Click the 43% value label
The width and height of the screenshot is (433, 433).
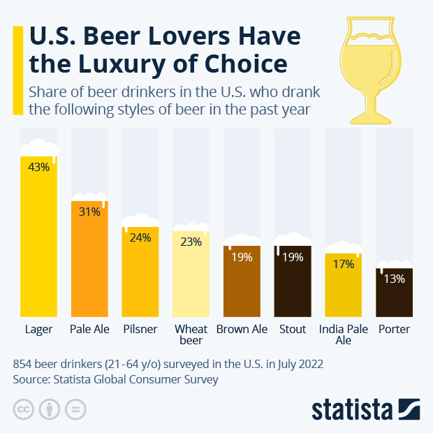click(38, 167)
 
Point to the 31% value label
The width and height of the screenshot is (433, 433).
click(89, 212)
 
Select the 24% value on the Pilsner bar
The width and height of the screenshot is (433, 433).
click(140, 237)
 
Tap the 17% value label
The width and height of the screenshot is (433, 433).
click(343, 264)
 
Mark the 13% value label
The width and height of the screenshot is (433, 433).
click(394, 279)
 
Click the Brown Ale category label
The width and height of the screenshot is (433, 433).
click(242, 329)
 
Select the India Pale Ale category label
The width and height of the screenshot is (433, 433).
click(343, 335)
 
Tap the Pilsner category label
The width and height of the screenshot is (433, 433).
click(140, 329)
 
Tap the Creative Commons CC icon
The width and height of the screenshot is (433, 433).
click(24, 409)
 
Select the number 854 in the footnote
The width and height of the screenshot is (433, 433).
click(24, 365)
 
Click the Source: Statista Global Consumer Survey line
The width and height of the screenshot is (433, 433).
click(115, 380)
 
